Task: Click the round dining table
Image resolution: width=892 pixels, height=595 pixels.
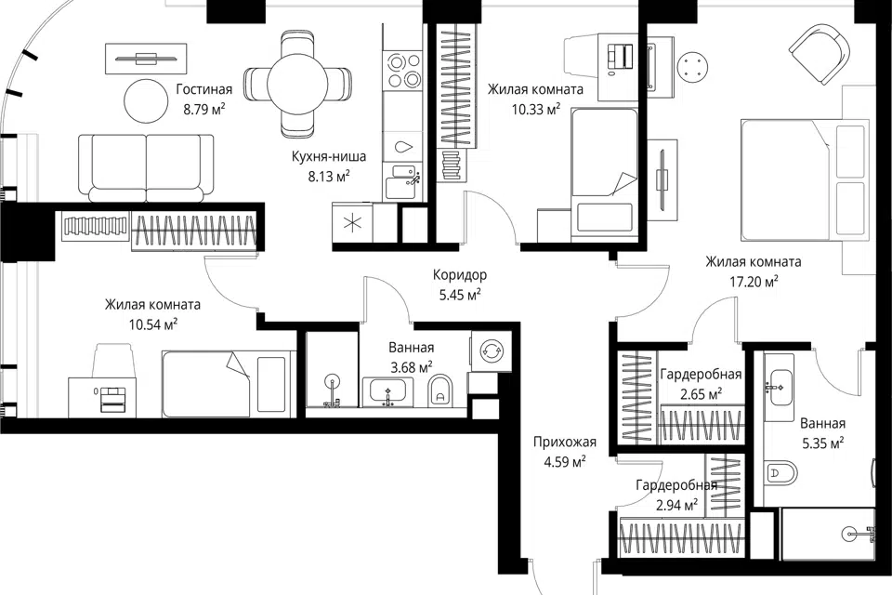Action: click(x=297, y=85)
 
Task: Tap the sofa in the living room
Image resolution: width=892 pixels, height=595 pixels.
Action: click(x=146, y=167)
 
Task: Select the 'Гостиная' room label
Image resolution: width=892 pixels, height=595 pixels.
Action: click(x=204, y=89)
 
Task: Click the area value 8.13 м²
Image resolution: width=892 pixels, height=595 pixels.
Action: click(x=328, y=177)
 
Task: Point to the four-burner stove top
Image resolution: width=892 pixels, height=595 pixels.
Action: click(x=402, y=70)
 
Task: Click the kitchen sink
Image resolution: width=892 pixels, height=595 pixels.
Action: click(x=402, y=181)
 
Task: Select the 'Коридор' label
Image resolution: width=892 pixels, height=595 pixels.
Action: click(x=460, y=275)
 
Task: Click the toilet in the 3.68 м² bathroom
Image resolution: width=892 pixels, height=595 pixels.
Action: click(x=439, y=390)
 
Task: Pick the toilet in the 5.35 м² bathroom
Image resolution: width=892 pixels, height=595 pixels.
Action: click(x=780, y=472)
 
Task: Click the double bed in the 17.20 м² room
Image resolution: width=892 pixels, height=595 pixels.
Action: click(x=805, y=180)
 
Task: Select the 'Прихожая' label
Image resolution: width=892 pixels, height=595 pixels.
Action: click(x=564, y=442)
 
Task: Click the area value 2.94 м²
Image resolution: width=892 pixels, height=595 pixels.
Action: click(x=677, y=505)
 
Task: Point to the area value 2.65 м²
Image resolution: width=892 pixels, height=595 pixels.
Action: click(x=702, y=394)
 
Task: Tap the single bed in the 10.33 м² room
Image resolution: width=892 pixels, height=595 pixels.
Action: click(x=604, y=172)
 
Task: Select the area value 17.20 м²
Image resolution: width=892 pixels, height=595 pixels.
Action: click(x=754, y=282)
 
